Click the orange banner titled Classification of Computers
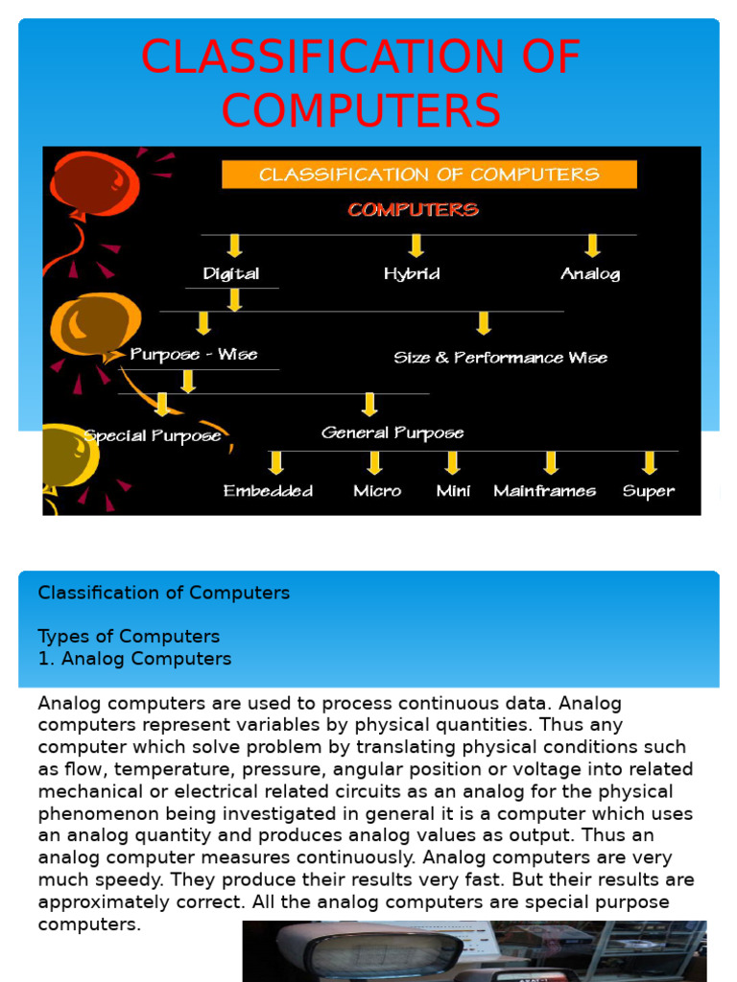coord(429,175)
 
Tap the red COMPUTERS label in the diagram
coord(413,209)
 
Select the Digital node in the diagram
coord(231,273)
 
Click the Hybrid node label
coord(412,273)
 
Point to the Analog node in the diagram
coord(590,273)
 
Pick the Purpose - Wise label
coord(194,355)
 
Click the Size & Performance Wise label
coord(500,358)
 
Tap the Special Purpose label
coord(153,435)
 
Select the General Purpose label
coord(392,433)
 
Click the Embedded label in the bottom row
coord(268,491)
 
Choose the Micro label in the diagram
coord(377,491)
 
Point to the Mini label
coord(453,491)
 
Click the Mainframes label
coord(544,491)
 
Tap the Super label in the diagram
coord(648,491)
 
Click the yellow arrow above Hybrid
coord(416,245)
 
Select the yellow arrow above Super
coord(650,462)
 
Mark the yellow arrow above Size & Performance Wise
coord(484,323)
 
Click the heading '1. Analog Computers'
coord(134,659)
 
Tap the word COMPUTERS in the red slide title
coord(361,110)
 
